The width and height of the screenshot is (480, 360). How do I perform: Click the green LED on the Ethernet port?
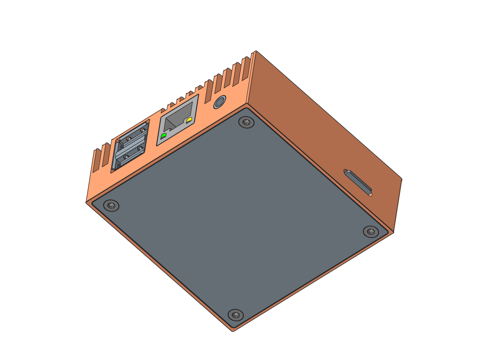point(164,136)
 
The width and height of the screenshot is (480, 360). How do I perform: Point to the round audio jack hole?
point(219,102)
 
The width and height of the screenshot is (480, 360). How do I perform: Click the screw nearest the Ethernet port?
point(246,122)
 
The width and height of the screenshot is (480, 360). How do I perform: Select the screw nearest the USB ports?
point(111,206)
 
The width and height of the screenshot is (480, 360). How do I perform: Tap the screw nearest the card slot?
point(371,232)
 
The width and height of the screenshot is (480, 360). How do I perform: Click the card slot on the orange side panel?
point(358,182)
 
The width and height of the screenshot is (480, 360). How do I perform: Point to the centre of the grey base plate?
point(240,218)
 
